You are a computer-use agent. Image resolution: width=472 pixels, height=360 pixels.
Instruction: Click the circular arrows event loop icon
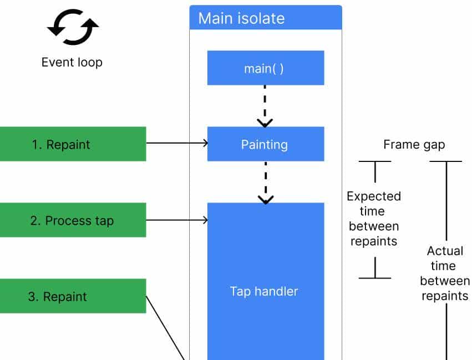pos(73,27)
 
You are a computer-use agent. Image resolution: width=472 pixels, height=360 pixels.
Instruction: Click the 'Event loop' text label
pos(72,62)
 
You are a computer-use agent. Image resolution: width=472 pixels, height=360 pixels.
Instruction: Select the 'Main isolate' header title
pos(241,18)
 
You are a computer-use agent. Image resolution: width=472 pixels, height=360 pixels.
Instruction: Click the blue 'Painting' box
pos(265,144)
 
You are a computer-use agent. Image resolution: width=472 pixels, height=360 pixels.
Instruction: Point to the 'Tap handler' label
pos(264,291)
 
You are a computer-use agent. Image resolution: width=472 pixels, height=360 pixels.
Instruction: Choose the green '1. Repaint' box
pos(72,144)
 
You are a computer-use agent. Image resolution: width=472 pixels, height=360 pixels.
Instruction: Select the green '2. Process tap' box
pos(72,220)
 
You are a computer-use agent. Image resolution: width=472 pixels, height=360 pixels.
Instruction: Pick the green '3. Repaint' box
pos(72,296)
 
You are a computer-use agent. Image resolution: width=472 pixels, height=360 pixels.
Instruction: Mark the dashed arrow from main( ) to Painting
pos(265,105)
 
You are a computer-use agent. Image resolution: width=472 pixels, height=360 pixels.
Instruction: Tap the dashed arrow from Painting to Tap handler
pos(266,181)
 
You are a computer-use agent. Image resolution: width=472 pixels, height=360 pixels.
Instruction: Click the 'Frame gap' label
pos(414,145)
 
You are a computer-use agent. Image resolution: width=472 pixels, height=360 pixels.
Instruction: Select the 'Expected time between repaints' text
pos(374,219)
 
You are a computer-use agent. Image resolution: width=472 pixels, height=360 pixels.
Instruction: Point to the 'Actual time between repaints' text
pos(445,273)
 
